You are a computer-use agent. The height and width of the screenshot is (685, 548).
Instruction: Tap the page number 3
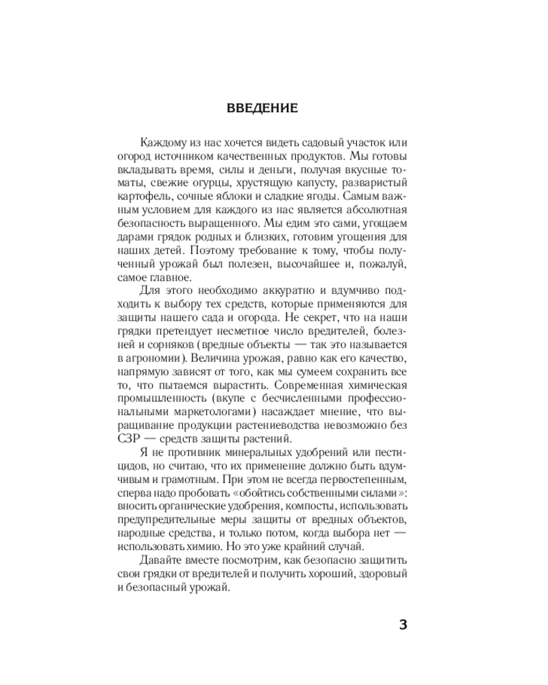point(403,624)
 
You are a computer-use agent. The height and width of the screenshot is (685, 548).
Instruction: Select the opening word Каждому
point(163,142)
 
